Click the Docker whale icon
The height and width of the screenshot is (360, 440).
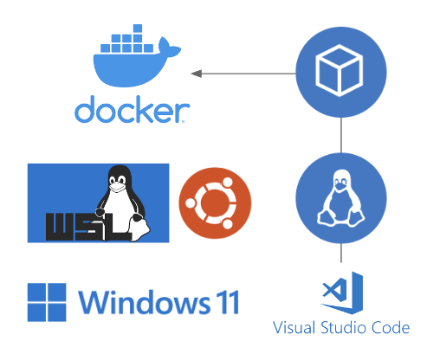(x=130, y=65)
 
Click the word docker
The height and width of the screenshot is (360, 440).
(x=132, y=110)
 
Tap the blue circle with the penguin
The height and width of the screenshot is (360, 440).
(x=341, y=198)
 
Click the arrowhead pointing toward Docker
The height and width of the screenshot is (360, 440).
(x=197, y=74)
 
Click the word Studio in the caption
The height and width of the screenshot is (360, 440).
(x=340, y=328)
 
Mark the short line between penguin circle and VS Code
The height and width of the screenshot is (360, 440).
(x=341, y=254)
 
